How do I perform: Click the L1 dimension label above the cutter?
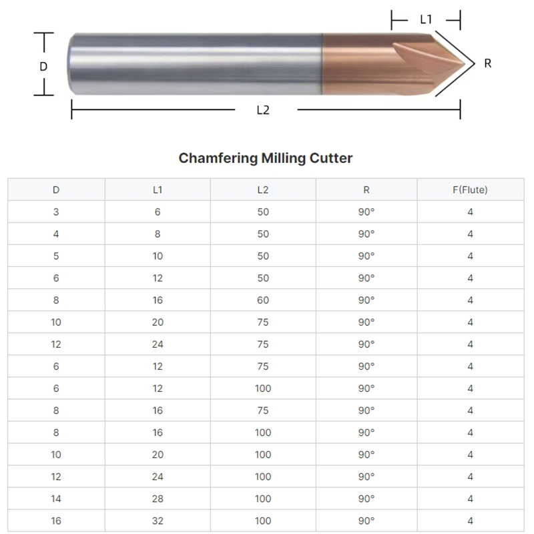coord(426,19)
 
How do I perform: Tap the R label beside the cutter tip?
coord(488,63)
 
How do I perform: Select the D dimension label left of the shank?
coord(43,66)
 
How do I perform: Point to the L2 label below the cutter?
coord(263,110)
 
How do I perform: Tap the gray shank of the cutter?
coord(195,63)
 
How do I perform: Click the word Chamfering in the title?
coord(218,158)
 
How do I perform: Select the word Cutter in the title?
coord(331,158)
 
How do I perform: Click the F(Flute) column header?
coord(470,190)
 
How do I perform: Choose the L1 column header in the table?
coord(158,190)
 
